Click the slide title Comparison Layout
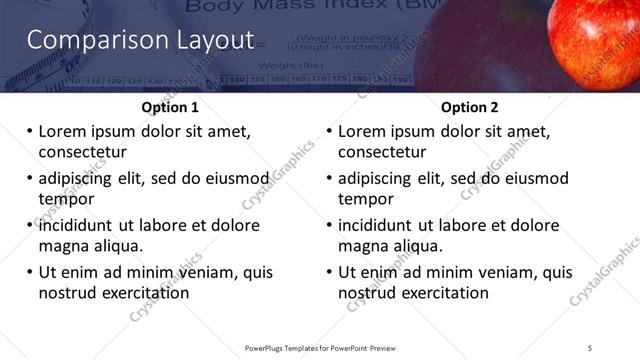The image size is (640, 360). (140, 41)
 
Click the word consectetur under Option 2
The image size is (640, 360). (382, 152)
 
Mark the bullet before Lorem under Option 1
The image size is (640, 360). (29, 131)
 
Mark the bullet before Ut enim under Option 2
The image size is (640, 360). (329, 272)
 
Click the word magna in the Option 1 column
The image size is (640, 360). (64, 246)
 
